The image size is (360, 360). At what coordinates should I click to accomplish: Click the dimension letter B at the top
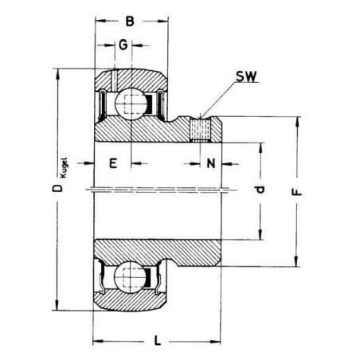click(130, 22)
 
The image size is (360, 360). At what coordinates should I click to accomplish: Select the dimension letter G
click(123, 45)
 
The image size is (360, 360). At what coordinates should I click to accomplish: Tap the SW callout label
click(247, 76)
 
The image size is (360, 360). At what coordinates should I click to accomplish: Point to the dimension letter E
click(113, 163)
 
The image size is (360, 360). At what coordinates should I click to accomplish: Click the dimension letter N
click(211, 163)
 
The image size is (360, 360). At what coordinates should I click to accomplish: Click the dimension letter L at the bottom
click(158, 340)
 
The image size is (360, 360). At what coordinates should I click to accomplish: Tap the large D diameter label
click(57, 188)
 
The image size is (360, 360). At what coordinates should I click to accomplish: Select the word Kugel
click(65, 168)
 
